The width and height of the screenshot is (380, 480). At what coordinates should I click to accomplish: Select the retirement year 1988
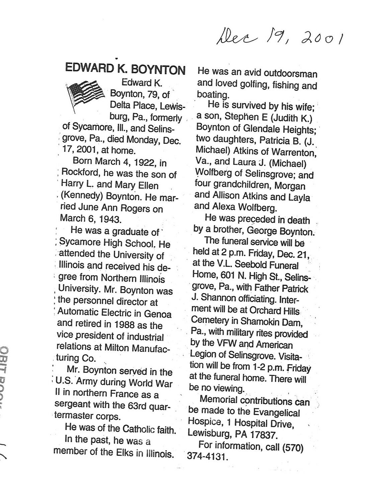(x=126, y=325)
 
